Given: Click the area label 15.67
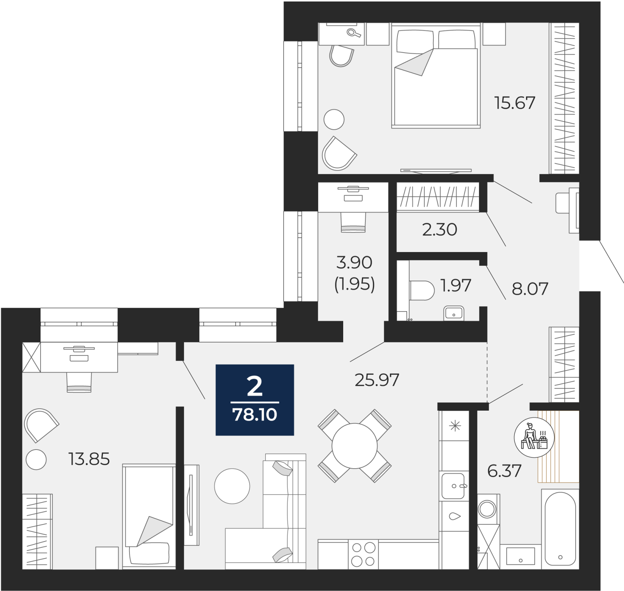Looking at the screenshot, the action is point(514,103).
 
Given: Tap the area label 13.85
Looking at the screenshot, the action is point(89,459).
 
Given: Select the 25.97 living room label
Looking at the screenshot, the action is point(377,380).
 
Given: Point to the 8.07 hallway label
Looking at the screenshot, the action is point(530,289).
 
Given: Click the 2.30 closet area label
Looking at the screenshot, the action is point(440,229).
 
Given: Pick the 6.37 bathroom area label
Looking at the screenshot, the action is point(504,471).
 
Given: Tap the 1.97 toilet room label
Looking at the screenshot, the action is point(456,286).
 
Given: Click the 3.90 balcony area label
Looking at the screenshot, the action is point(354,263).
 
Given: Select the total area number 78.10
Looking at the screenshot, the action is point(255,415).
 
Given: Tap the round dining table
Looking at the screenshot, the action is point(355,446).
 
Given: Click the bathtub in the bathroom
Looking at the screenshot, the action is point(560,529).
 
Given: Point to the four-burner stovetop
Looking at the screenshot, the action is point(363,554).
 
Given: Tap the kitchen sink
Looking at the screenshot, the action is point(453,486).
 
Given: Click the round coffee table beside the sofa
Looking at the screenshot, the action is point(232,486).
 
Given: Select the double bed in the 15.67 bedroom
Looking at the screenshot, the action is point(436,76).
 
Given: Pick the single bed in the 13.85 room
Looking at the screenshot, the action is point(149,516).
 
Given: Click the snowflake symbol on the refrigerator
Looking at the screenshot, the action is point(455,426).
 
